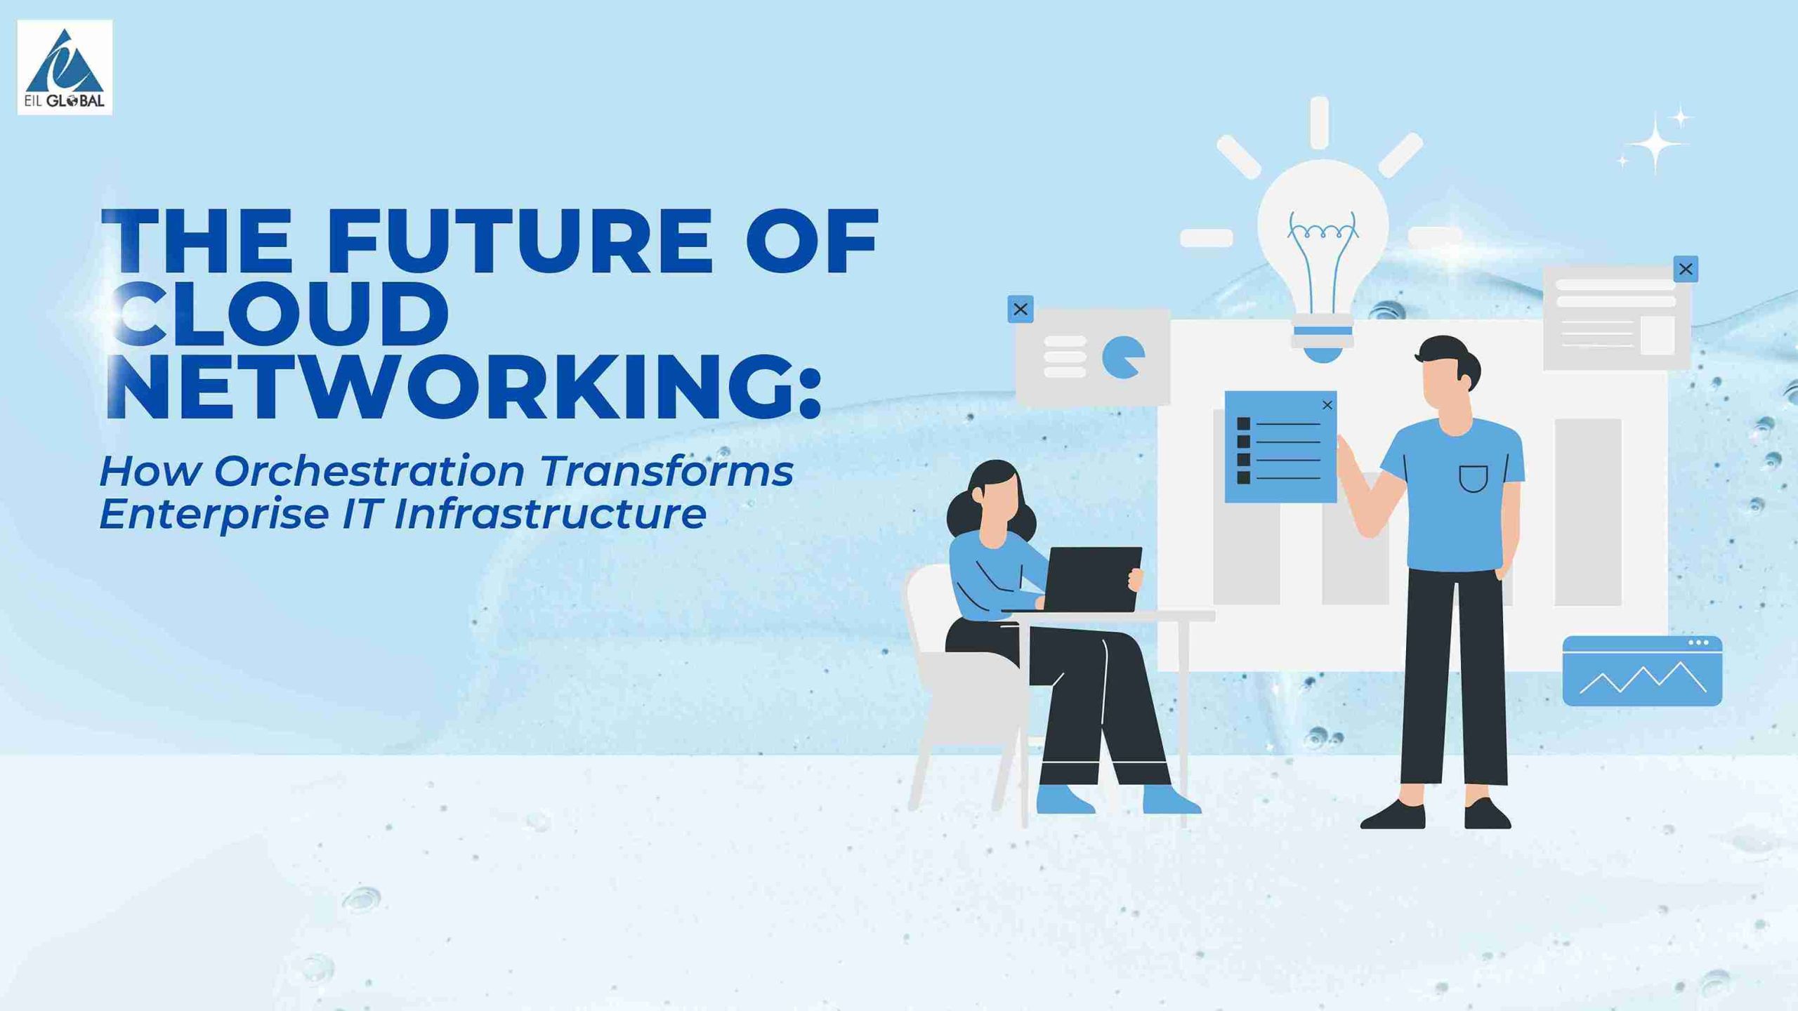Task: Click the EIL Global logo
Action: (65, 67)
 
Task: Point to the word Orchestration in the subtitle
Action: (369, 470)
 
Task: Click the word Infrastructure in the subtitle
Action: (550, 513)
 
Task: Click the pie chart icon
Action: (1122, 357)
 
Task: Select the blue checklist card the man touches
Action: (1280, 447)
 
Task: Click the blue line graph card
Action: (1642, 671)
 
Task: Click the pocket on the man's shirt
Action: (1474, 480)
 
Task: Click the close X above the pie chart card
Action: (1021, 309)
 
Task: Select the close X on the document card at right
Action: (1686, 269)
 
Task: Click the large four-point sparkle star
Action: (1655, 143)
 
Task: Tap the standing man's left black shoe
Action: (1393, 815)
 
